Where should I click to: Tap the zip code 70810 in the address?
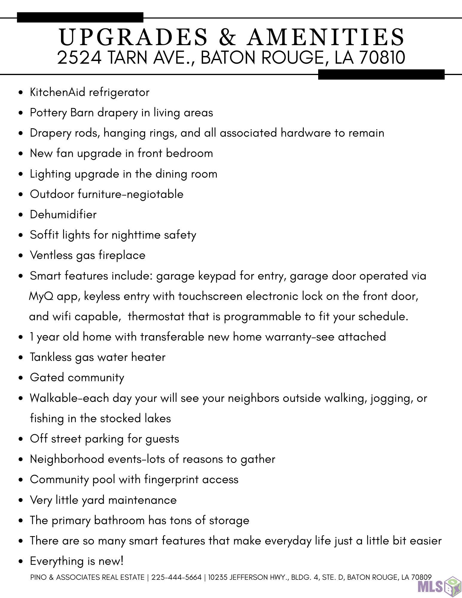point(382,57)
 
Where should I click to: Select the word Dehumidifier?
point(63,215)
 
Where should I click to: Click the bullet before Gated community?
point(20,378)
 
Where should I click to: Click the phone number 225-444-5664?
point(176,577)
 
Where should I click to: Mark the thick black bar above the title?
point(80,17)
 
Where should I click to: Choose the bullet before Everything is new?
point(20,562)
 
